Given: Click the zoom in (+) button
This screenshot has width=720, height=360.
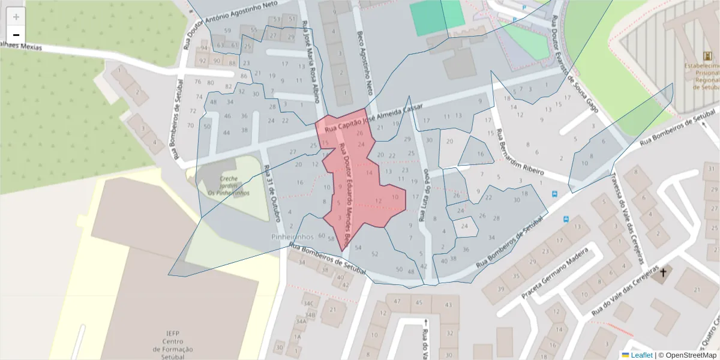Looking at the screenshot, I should pyautogui.click(x=16, y=17).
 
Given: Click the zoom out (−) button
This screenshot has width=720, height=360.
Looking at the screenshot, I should pyautogui.click(x=16, y=35).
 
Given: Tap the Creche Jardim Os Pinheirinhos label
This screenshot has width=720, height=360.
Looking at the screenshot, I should pyautogui.click(x=228, y=185).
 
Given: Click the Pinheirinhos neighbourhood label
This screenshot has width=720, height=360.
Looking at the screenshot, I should pyautogui.click(x=293, y=237).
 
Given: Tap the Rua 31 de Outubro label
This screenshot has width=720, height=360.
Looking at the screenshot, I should pyautogui.click(x=272, y=192).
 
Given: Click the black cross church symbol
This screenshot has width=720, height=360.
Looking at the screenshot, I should pyautogui.click(x=663, y=274).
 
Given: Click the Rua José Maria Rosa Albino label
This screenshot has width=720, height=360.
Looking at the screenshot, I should pyautogui.click(x=311, y=63).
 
